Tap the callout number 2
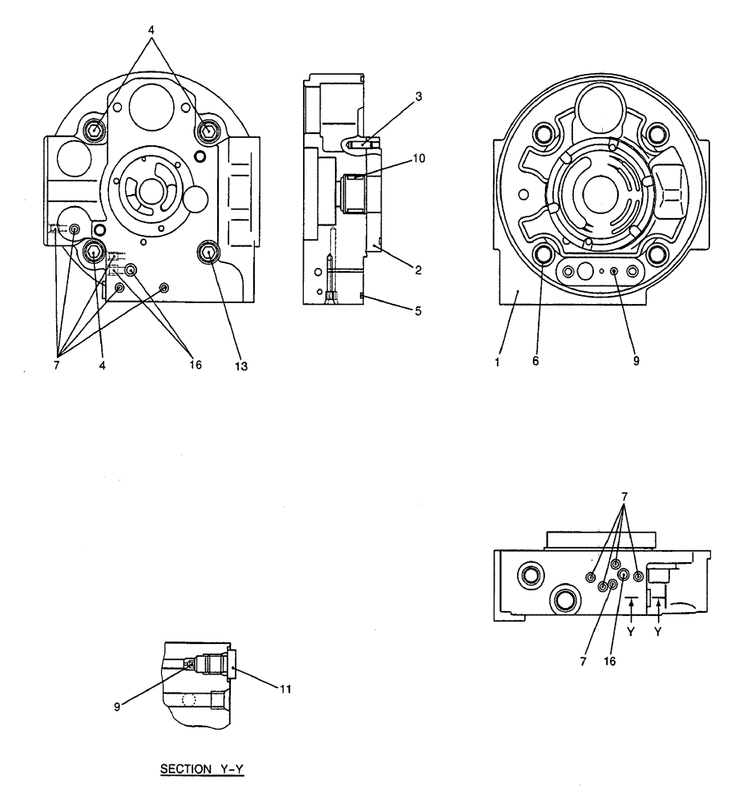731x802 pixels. [418, 270]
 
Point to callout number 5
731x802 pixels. [418, 309]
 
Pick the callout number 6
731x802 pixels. [535, 361]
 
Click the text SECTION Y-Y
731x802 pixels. [202, 768]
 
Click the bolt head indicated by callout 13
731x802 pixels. [209, 253]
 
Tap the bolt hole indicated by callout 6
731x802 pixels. [545, 254]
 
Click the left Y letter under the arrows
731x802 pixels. [632, 630]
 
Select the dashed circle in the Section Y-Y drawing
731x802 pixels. [189, 699]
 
